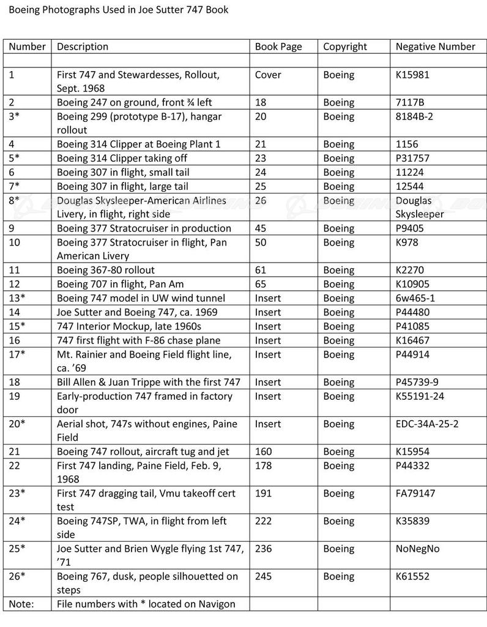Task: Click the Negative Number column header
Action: (435, 47)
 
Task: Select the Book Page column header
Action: (278, 47)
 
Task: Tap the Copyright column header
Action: (345, 47)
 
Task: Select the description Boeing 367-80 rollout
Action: (106, 270)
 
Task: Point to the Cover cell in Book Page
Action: (268, 75)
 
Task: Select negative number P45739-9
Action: (419, 382)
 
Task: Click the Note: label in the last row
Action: (21, 604)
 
